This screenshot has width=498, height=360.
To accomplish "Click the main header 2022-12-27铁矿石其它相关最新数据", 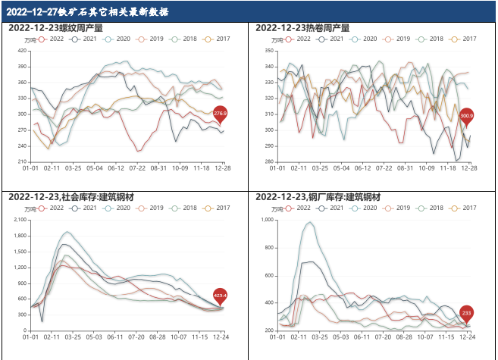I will coord(86,12).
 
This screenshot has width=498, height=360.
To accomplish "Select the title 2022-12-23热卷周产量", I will coord(302,28).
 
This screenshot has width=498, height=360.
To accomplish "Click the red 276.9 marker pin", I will coord(220,114).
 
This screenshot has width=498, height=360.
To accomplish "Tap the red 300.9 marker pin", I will coord(466,116).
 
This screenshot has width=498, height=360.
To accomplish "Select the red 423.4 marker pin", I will coord(220,296).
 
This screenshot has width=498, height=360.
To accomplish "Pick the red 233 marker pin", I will coord(466,312).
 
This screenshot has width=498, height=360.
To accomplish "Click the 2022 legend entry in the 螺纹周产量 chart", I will coord(52,39).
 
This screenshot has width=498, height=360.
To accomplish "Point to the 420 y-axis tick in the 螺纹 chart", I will coord(23,51).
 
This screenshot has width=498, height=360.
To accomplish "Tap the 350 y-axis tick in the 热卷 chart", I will coord(269,51).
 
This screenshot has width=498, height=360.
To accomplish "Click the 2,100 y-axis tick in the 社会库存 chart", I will coord(20,220).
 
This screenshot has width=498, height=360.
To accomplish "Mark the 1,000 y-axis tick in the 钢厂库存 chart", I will coord(268,220).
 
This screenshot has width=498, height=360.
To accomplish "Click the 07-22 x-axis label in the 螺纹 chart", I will coord(137,167).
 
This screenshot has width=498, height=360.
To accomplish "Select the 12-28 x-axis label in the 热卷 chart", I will coord(470,167).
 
